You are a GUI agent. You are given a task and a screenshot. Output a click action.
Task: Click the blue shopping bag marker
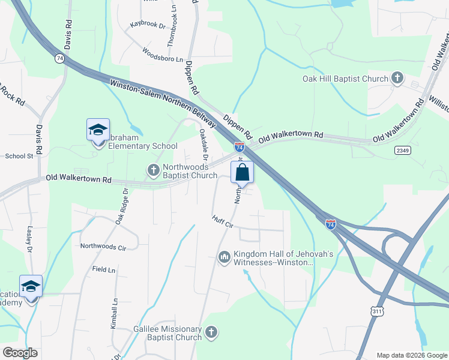[x=242, y=173]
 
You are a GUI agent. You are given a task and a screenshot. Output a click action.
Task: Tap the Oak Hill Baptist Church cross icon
[x=397, y=78]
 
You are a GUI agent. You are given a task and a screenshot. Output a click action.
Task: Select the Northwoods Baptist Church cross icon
[x=153, y=170]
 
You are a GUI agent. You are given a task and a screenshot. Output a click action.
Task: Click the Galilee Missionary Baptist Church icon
[x=211, y=332]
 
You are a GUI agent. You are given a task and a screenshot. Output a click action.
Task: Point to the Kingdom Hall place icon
[x=225, y=257]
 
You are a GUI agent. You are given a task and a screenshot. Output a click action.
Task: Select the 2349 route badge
[x=403, y=150]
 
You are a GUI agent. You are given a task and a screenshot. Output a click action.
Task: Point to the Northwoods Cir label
[x=103, y=247]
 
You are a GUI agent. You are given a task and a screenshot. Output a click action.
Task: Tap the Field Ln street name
[x=104, y=270]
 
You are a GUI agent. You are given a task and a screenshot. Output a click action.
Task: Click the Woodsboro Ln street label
[x=163, y=58]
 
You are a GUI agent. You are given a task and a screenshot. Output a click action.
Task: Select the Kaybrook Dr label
[x=147, y=26]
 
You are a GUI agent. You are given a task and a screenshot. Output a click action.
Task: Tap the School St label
[x=19, y=156]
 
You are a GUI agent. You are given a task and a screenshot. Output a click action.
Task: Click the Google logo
[x=20, y=353]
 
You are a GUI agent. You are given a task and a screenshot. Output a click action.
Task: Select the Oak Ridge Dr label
[x=122, y=207]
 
